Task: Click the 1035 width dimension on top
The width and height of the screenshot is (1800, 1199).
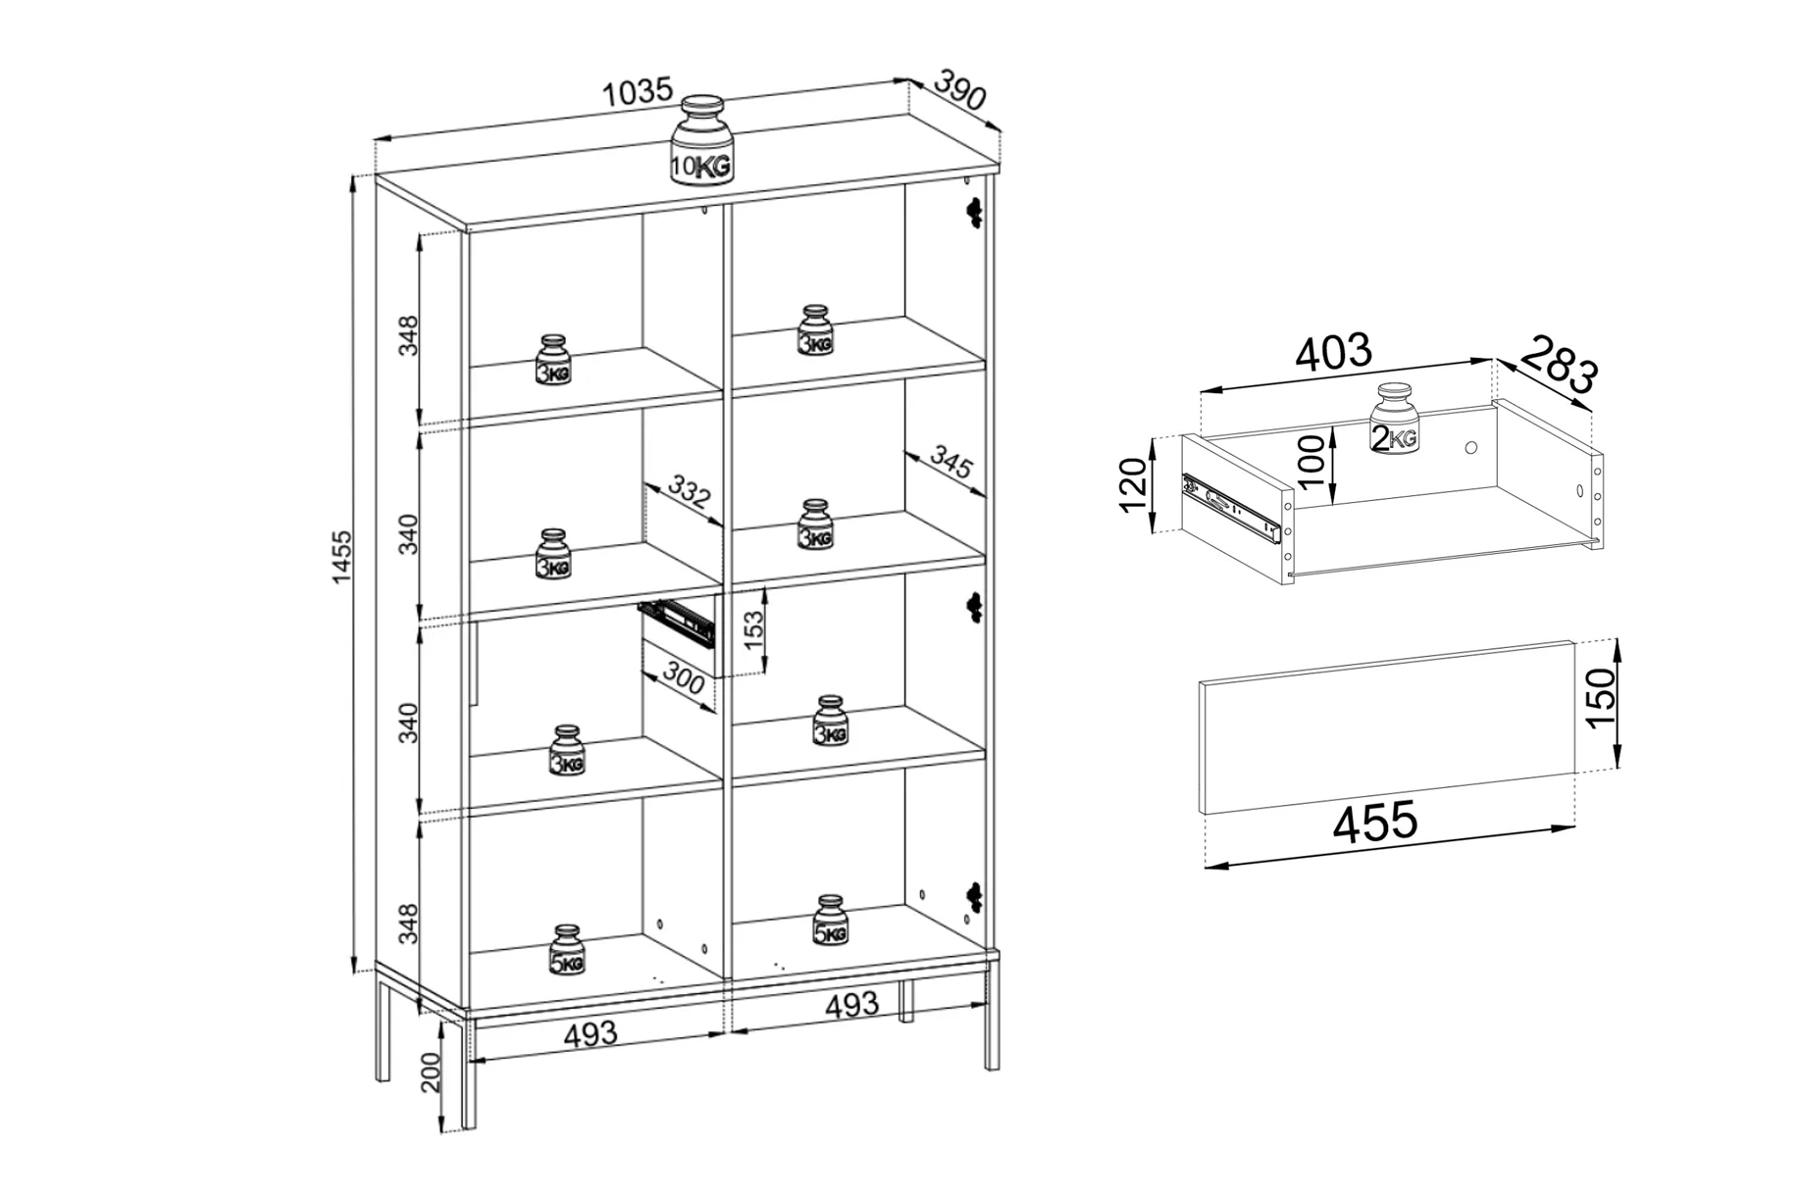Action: pyautogui.click(x=638, y=91)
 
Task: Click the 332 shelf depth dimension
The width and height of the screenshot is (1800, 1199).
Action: pyautogui.click(x=689, y=490)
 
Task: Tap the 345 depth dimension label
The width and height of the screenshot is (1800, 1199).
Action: pyautogui.click(x=951, y=462)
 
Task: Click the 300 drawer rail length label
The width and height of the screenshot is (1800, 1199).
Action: pyautogui.click(x=684, y=677)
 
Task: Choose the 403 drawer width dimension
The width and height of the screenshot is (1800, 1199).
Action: pyautogui.click(x=1332, y=352)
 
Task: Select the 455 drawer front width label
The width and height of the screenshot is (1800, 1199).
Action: pyautogui.click(x=1375, y=822)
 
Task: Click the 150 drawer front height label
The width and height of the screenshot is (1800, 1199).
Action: pyautogui.click(x=1600, y=697)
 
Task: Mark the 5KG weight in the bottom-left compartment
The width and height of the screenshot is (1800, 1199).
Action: pyautogui.click(x=567, y=949)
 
